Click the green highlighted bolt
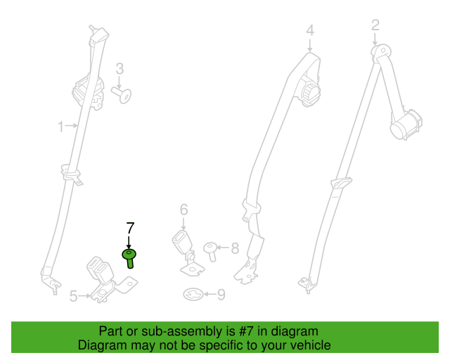[x=129, y=258]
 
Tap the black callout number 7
[x=130, y=229]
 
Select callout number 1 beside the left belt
[x=60, y=127]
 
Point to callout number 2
[x=375, y=25]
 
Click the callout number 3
[x=120, y=69]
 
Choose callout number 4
[x=310, y=30]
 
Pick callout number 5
[x=74, y=296]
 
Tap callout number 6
[x=184, y=210]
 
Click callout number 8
[x=235, y=248]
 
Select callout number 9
[x=221, y=295]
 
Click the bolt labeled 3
[x=122, y=95]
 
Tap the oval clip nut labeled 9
[x=193, y=295]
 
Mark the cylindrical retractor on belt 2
[x=406, y=124]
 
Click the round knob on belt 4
[x=310, y=92]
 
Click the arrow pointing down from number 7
[x=129, y=243]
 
